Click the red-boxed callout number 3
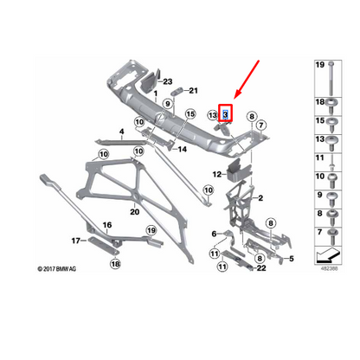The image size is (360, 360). tap(226, 115)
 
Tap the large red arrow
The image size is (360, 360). tap(247, 80)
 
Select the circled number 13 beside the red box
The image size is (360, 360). tap(213, 115)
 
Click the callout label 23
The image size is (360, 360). tap(168, 81)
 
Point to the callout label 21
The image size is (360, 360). tap(193, 91)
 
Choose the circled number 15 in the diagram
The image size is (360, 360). tap(190, 114)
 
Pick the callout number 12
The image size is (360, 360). tap(216, 174)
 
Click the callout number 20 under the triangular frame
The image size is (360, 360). tap(135, 212)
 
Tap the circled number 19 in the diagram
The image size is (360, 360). tap(151, 230)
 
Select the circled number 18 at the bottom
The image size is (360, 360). tap(115, 264)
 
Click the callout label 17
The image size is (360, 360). tap(76, 241)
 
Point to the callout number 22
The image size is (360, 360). tap(261, 268)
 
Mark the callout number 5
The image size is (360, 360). tap(292, 259)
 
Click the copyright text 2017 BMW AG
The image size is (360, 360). tap(57, 269)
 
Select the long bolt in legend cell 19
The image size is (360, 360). tap(331, 79)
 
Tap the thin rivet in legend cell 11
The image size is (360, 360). tap(332, 164)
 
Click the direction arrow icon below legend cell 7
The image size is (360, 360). tap(328, 255)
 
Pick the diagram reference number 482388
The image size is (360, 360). tap(329, 268)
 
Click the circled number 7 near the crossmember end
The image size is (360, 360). tap(261, 125)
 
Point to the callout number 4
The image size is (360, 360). tap(122, 132)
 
